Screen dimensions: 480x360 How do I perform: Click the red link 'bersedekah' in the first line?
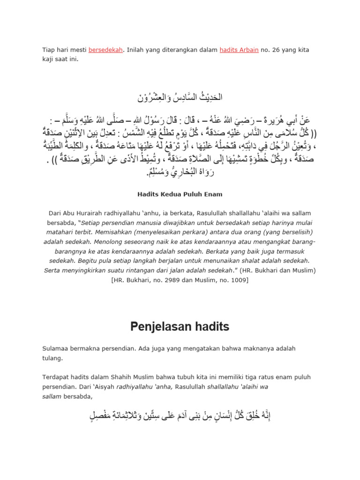(x=106, y=50)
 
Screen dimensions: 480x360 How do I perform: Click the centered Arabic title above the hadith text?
(x=180, y=98)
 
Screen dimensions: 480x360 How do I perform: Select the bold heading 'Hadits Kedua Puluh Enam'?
(x=180, y=194)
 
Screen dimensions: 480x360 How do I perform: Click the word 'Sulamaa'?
(x=55, y=348)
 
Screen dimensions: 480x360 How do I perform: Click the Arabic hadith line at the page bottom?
(x=180, y=416)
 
